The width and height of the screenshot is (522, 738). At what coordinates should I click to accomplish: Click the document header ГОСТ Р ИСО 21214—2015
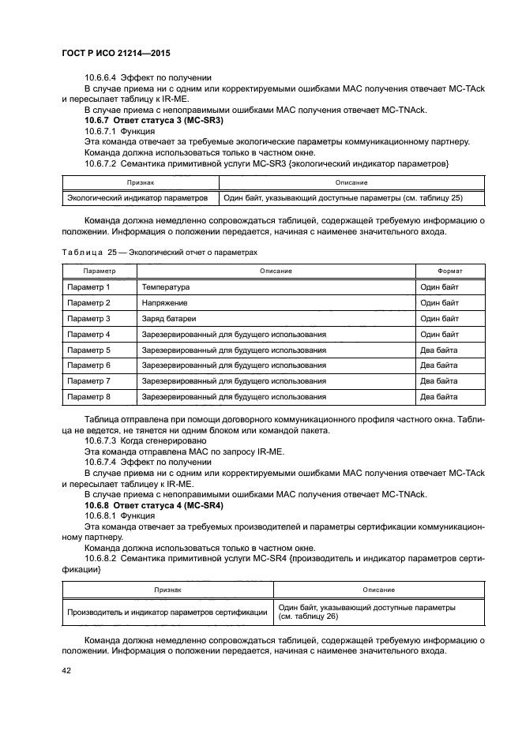click(x=116, y=53)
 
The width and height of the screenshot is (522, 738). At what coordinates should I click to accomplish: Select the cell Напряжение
click(x=164, y=303)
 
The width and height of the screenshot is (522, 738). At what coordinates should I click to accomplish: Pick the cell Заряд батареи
click(x=168, y=319)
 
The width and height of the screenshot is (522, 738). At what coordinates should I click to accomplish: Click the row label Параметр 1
click(x=88, y=287)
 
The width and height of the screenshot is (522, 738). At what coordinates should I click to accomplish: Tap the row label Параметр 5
click(x=88, y=350)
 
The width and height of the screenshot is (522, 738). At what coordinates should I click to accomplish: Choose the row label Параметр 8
click(x=88, y=397)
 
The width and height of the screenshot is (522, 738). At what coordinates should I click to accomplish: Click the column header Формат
click(x=449, y=271)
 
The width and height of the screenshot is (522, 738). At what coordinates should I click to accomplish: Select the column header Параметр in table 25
click(x=88, y=271)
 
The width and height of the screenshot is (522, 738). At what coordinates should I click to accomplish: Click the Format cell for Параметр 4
click(x=439, y=334)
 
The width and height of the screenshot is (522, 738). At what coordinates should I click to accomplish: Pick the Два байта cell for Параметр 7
click(x=438, y=381)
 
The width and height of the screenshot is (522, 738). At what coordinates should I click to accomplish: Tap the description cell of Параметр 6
click(x=234, y=365)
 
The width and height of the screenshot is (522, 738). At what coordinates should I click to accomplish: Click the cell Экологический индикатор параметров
click(x=137, y=198)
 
